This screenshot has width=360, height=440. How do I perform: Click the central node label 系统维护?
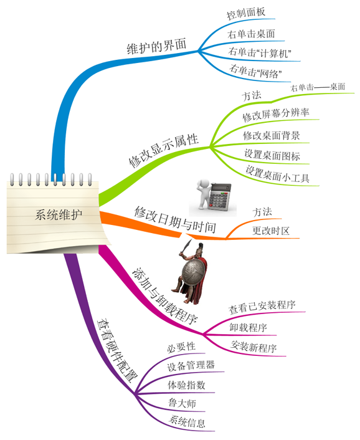pos(59,214)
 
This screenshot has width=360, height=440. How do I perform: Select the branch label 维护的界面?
pos(156,46)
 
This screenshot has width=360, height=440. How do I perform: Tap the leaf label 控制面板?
pos(245,13)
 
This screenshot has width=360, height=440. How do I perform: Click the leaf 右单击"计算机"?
pos(259,53)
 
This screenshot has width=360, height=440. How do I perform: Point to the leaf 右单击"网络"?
pos(255,71)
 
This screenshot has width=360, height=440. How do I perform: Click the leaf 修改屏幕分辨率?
pos(276,114)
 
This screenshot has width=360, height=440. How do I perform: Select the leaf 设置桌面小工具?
pos(277,175)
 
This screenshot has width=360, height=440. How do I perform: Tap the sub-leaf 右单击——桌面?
pos(318,87)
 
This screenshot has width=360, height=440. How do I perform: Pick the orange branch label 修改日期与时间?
pos(175,219)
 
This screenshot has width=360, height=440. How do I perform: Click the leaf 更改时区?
pos(270,231)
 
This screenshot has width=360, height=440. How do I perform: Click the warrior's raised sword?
pos(186,246)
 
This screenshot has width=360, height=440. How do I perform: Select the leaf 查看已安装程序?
pos(262,307)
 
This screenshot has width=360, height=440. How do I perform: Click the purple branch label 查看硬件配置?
pos(117,350)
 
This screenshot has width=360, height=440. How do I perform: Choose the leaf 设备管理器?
pos(191,366)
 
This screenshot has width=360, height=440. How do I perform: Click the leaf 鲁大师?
pos(182,403)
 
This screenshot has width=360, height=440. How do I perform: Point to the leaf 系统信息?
pos(187,421)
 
